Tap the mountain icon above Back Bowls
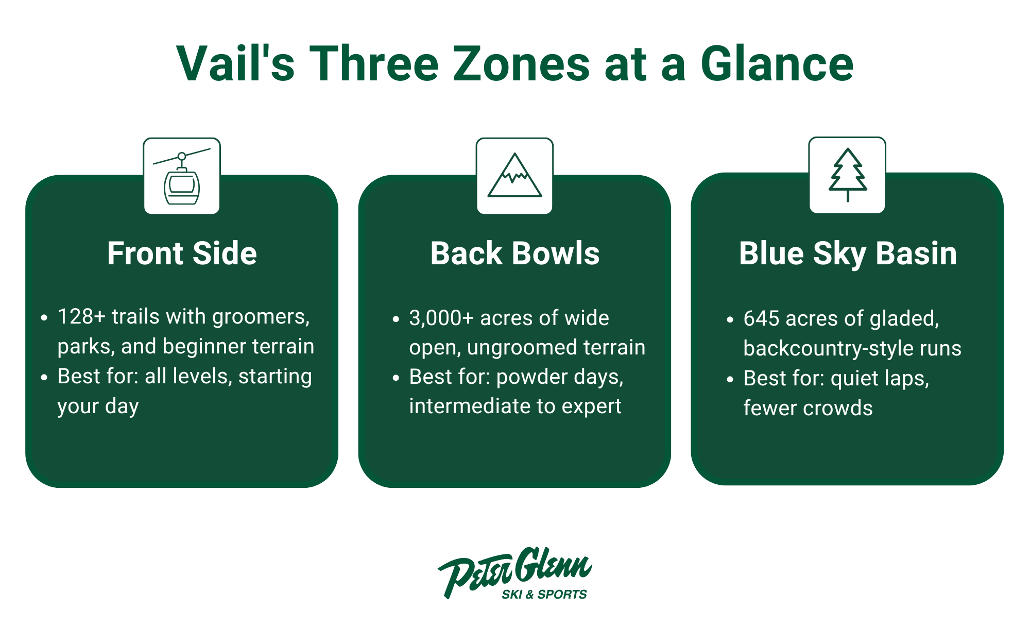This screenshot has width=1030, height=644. click(x=514, y=176)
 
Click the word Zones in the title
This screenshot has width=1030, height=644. click(x=521, y=64)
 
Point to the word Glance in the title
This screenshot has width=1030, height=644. click(x=777, y=64)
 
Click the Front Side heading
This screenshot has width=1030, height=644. click(x=182, y=253)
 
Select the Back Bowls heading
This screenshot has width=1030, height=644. click(x=514, y=253)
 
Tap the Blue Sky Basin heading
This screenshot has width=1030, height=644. click(x=848, y=253)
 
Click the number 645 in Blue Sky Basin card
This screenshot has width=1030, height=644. click(x=761, y=319)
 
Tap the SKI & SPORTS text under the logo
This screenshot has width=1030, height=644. click(x=544, y=595)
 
